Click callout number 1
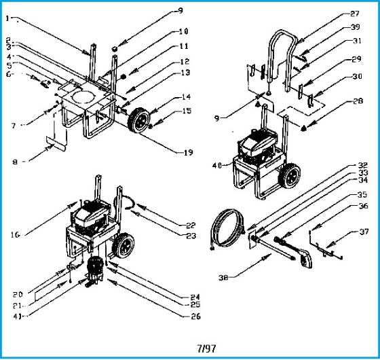(x=9, y=18)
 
